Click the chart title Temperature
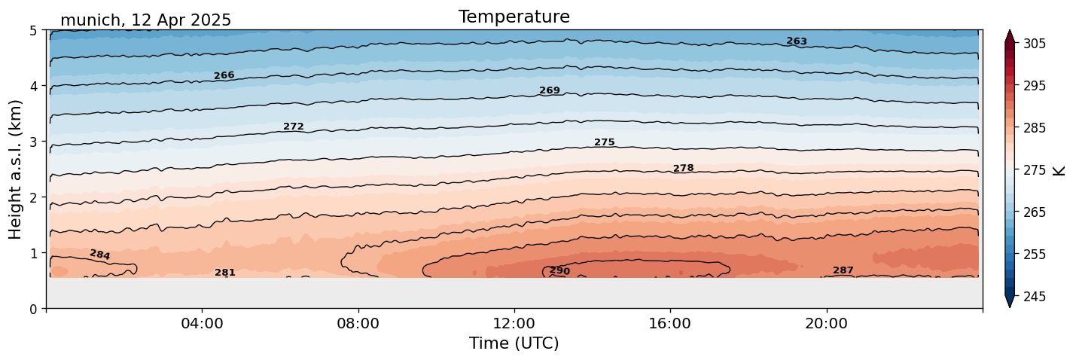click(x=514, y=17)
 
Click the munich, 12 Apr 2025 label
click(x=145, y=20)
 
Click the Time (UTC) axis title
click(x=514, y=344)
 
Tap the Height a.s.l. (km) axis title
click(x=16, y=169)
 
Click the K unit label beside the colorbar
click(x=1060, y=170)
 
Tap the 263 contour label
click(x=797, y=41)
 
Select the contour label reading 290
click(x=559, y=271)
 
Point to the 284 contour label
click(x=99, y=255)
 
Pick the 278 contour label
click(x=683, y=168)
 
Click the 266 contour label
click(x=224, y=75)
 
